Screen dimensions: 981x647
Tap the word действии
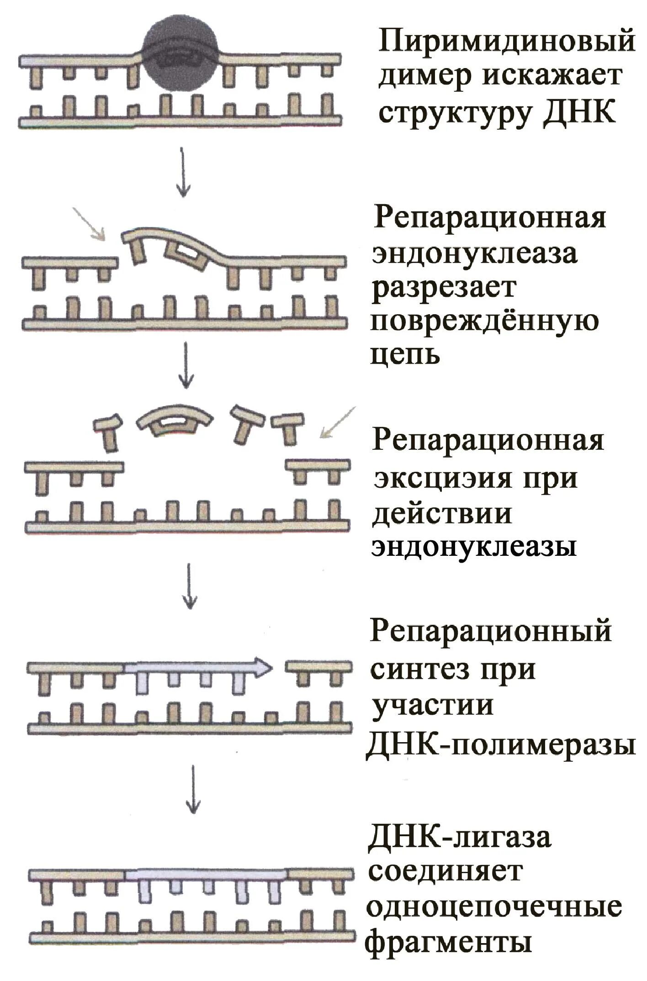[441, 512]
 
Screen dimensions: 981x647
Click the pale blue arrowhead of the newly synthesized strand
[262, 667]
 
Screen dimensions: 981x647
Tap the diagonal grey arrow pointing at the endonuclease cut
[89, 224]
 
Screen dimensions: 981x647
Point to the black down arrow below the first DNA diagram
[183, 172]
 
